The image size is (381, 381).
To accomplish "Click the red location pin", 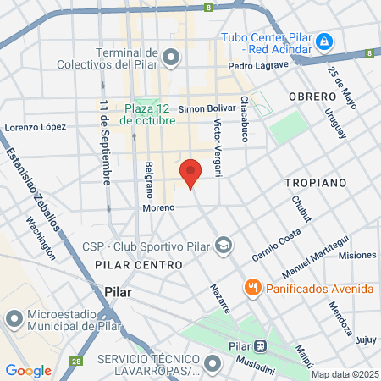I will [x=190, y=174].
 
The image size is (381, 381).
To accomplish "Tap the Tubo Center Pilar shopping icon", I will [x=323, y=41].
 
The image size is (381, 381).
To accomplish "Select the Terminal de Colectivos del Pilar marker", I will [x=172, y=58].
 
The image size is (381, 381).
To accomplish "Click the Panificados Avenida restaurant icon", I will [x=251, y=288].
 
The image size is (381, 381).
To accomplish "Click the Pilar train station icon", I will [x=262, y=345].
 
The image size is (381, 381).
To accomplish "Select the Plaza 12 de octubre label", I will [x=147, y=114].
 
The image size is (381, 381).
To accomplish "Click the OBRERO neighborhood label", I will [x=312, y=97].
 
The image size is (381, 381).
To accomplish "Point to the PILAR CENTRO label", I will [x=139, y=265].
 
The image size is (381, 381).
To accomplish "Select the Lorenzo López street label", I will [x=36, y=127].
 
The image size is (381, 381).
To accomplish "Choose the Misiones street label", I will [x=356, y=255].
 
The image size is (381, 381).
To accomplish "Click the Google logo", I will [x=28, y=370].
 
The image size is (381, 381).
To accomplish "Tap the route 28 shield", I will [x=77, y=362].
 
